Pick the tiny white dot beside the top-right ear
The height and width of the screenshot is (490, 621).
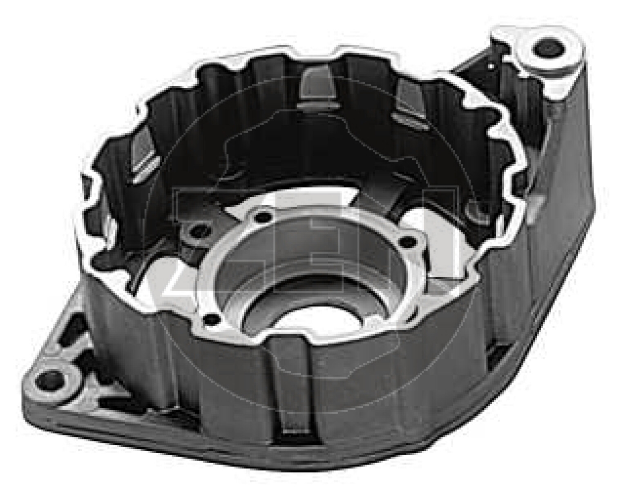pos(491,65)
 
